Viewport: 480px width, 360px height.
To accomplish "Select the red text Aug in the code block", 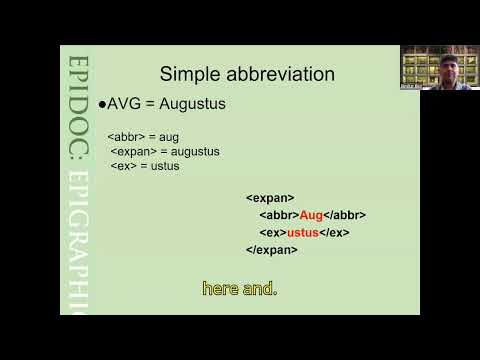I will [311, 215].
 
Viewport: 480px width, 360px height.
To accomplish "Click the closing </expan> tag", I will [271, 249].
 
